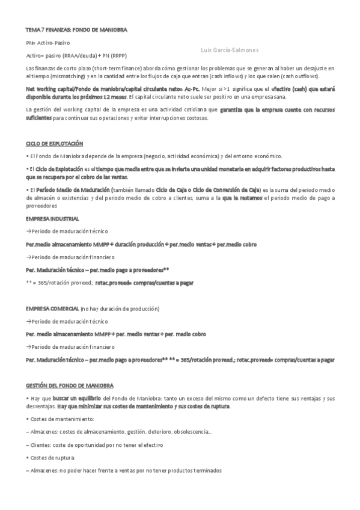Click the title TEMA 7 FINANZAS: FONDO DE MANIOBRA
(x=76, y=29)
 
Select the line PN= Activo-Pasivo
(x=48, y=43)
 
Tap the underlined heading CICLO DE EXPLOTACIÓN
(x=55, y=144)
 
